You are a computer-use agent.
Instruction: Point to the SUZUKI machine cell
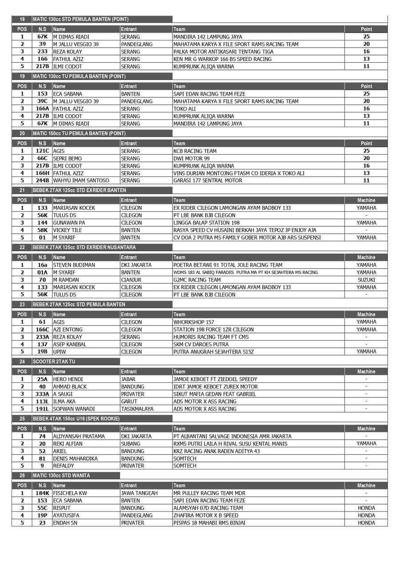click(x=366, y=280)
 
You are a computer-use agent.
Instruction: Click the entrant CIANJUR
click(x=131, y=280)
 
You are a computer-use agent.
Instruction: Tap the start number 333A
click(x=42, y=394)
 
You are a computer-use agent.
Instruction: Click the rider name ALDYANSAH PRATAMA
click(x=79, y=436)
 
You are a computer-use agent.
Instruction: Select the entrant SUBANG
click(x=131, y=444)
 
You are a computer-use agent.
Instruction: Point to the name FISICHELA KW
click(x=70, y=493)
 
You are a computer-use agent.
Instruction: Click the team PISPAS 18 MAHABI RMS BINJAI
click(x=209, y=523)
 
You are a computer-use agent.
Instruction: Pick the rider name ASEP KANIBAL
click(x=70, y=344)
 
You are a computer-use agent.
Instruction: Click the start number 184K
click(x=42, y=493)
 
